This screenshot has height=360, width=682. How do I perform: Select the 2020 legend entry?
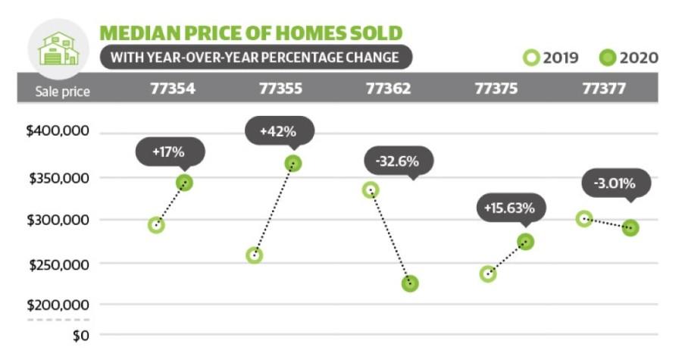628,58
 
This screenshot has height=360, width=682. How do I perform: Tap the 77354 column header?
172,89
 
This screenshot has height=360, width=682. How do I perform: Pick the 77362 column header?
389,89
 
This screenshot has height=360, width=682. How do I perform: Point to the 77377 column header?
603,89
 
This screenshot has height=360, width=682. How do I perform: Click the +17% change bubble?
169,152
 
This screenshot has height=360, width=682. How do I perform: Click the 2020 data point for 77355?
293,163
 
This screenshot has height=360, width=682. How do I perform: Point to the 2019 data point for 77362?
371,190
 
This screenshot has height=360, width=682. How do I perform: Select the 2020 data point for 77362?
410,283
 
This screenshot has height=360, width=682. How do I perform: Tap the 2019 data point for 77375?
489,274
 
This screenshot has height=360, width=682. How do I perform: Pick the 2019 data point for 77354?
156,225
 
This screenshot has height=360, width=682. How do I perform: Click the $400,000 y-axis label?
58,131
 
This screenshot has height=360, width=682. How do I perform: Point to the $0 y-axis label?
80,335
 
